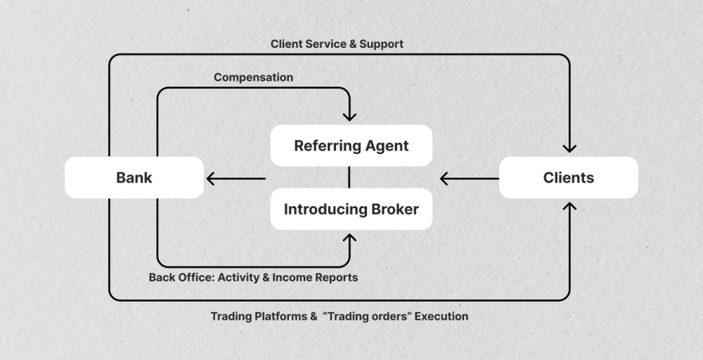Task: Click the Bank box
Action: [134, 178]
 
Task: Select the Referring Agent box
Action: [351, 146]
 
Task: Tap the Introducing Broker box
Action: [351, 209]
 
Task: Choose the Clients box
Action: [568, 178]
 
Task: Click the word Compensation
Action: [253, 77]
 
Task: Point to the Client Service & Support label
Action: [337, 44]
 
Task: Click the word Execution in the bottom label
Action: [441, 316]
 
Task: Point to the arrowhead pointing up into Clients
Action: [569, 208]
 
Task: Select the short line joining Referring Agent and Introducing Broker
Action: [349, 177]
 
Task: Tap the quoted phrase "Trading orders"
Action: [367, 316]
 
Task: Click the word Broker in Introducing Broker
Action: [394, 209]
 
